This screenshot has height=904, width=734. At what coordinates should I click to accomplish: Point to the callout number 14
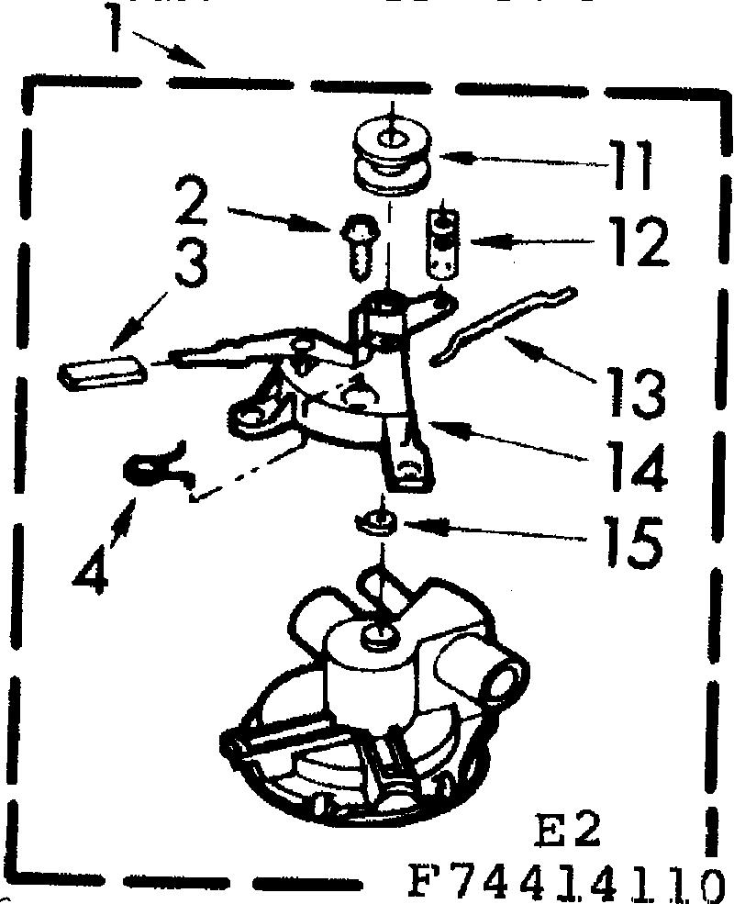632,469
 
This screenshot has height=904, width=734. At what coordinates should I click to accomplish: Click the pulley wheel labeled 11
391,158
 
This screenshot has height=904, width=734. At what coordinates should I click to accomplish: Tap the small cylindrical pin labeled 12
442,240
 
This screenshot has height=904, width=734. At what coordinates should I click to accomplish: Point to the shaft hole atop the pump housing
375,632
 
